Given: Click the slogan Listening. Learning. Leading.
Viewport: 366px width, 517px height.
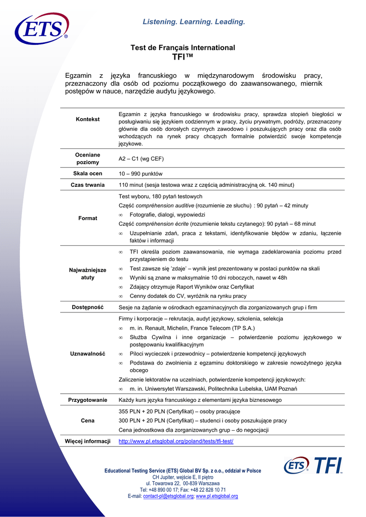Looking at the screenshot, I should click(194, 22).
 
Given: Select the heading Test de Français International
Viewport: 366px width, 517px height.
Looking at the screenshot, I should click(183, 47).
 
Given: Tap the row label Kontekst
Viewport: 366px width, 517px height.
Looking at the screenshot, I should click(87, 119).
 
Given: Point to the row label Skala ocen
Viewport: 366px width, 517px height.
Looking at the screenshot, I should click(87, 173).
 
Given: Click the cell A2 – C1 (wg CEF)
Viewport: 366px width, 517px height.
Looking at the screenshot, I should click(141, 159).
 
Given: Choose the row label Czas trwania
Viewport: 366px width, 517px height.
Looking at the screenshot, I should click(87, 185).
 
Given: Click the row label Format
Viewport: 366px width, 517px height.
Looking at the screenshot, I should click(87, 218).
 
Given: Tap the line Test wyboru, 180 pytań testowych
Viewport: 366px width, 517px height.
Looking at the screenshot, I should click(160, 196).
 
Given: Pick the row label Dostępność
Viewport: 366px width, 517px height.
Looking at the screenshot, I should click(87, 307).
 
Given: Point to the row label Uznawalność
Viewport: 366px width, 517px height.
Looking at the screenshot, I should click(87, 353).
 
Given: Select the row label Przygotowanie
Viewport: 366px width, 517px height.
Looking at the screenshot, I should click(87, 400).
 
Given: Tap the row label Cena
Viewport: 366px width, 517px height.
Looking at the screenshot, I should click(87, 421).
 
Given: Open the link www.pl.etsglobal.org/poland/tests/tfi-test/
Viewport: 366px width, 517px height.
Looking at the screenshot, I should click(176, 441).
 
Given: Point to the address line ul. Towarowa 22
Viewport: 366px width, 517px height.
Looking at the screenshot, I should click(182, 483).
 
